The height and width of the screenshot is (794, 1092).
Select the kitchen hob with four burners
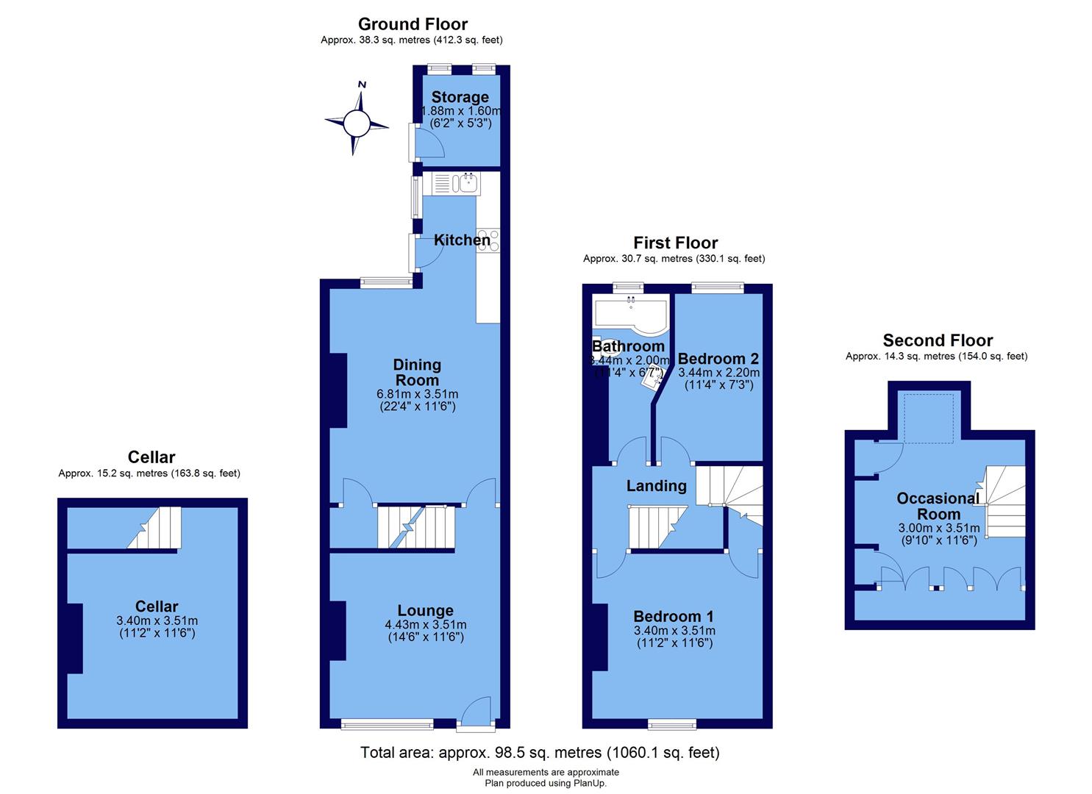pos(488,240)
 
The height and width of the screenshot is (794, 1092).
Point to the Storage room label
pos(460,97)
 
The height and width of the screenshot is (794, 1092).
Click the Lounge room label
pos(425,610)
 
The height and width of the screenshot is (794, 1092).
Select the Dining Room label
pos(417,372)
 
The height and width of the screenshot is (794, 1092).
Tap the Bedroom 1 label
pos(674,616)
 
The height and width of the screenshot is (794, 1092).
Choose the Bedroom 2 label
pos(718,359)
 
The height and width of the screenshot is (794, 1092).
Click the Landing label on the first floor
pos(656,485)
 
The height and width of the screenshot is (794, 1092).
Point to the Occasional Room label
pos(938,506)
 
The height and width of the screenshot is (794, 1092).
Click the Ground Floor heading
pos(413,24)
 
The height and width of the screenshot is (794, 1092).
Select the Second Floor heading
pos(938,340)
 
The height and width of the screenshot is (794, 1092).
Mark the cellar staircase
pos(155,527)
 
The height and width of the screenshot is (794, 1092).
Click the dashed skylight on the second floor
pos(929,418)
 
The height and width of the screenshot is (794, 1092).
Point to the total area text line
pos(540,753)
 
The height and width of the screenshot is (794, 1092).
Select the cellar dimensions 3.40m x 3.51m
pos(157,620)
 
